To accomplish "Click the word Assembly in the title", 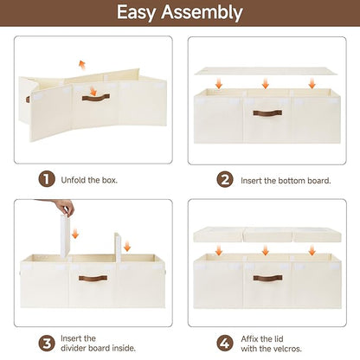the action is pyautogui.click(x=202, y=13).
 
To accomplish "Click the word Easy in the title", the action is pyautogui.click(x=136, y=13).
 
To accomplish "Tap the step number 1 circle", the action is pyautogui.click(x=47, y=179).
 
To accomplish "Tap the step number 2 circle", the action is pyautogui.click(x=225, y=180).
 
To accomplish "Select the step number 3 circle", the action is pyautogui.click(x=47, y=344).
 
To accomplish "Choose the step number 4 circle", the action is pyautogui.click(x=225, y=344).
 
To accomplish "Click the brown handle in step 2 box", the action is pyautogui.click(x=267, y=113).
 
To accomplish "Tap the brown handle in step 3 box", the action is pyautogui.click(x=93, y=278).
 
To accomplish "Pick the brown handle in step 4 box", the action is pyautogui.click(x=267, y=278).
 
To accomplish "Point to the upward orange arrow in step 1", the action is pyautogui.click(x=82, y=66).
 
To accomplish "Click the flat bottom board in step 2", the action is pyautogui.click(x=266, y=71).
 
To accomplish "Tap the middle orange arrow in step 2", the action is pyautogui.click(x=266, y=83).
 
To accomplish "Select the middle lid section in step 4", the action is pyautogui.click(x=267, y=235).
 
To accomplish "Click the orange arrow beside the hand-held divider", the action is pyautogui.click(x=75, y=233).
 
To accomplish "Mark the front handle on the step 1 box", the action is pyautogui.click(x=96, y=98).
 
